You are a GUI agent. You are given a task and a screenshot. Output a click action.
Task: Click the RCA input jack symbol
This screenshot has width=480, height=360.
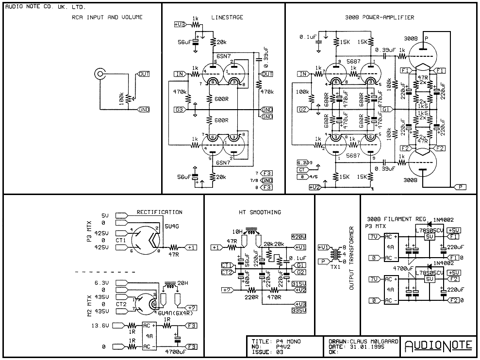99,74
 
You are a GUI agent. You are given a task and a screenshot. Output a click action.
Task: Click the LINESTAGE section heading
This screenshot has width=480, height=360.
227,17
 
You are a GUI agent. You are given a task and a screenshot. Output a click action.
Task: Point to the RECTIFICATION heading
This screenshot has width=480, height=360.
159,212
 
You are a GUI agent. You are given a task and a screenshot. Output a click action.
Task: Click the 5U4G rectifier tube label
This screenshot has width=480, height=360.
172,227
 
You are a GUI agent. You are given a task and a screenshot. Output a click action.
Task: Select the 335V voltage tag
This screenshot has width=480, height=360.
299,309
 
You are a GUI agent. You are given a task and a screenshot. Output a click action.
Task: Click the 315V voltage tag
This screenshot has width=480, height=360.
299,283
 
